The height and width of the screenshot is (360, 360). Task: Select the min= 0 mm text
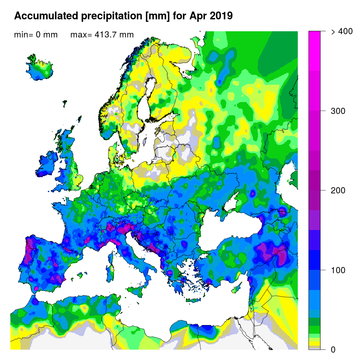[36, 35]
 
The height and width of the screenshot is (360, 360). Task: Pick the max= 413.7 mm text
[102, 35]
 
